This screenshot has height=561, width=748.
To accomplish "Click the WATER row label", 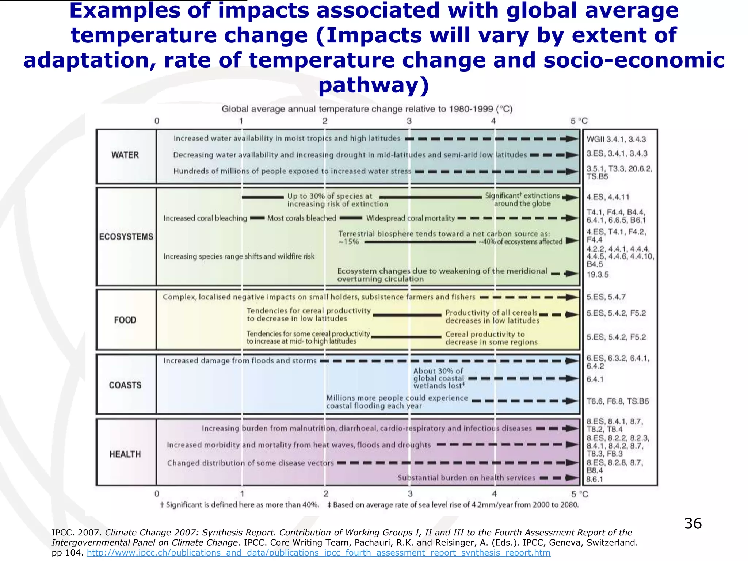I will point(125,155).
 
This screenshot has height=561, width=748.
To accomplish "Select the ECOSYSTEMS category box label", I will point(126,237).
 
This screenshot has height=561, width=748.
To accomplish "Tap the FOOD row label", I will point(125,320).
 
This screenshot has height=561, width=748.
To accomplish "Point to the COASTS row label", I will point(125,385).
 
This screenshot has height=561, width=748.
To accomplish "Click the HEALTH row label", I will point(125,454).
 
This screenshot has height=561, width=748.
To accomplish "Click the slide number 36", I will point(692,523).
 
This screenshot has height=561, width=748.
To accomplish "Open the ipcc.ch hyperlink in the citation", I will point(318,553).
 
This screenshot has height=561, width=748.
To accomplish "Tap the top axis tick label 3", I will point(409,121).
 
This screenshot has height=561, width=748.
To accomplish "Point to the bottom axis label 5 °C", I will point(579,494).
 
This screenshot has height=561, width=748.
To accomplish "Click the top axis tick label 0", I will point(157,121).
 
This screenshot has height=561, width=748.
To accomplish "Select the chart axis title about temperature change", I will point(367,109).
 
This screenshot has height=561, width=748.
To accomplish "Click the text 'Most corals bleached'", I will point(302,218).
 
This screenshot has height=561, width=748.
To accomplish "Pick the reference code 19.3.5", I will point(598,275).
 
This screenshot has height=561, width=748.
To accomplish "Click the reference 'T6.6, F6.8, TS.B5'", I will point(618,401).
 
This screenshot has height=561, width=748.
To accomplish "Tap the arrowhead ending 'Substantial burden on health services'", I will point(572,478).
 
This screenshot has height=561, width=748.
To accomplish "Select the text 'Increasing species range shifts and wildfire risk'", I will point(239,256).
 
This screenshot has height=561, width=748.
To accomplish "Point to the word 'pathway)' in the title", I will point(374,85).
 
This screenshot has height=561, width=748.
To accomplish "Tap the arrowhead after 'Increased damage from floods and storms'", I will point(572,361).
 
